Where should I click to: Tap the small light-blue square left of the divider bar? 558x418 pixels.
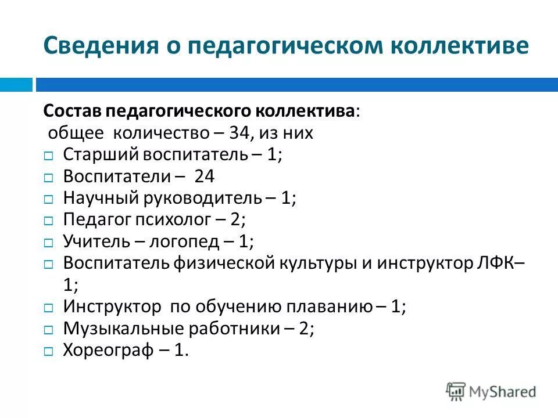tap(16, 85)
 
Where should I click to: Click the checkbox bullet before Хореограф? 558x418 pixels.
tap(49, 351)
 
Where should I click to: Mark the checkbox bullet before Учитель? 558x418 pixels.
tap(49, 243)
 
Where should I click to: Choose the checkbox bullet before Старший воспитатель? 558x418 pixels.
tap(49, 156)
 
